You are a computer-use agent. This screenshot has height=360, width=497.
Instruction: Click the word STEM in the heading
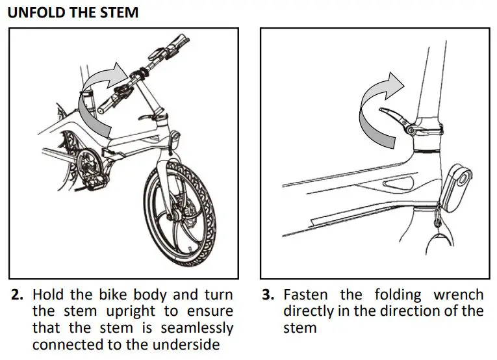tap(119, 12)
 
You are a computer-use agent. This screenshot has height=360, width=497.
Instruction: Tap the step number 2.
tap(18, 295)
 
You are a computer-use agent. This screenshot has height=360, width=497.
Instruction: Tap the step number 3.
tap(268, 295)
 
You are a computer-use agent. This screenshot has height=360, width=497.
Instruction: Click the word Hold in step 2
tap(49, 295)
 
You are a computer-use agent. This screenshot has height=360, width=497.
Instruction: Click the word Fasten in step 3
tap(305, 295)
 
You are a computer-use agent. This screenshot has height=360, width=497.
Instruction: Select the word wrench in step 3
tap(458, 295)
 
